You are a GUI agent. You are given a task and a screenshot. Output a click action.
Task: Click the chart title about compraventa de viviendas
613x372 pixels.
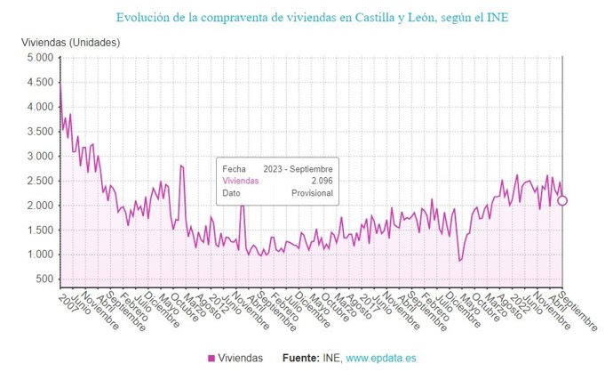[x=306, y=16]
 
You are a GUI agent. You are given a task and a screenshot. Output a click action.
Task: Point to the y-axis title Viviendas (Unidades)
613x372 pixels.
[x=70, y=43]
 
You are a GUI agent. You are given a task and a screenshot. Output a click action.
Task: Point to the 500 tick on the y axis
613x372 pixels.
[x=44, y=279]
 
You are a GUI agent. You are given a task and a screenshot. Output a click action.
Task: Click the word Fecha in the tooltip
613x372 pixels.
[x=235, y=168]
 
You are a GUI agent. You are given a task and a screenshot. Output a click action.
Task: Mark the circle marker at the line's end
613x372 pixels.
[x=561, y=200]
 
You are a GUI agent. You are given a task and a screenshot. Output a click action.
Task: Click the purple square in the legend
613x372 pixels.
[x=211, y=358]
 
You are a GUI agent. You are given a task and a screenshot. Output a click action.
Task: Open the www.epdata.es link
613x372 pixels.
[x=382, y=358]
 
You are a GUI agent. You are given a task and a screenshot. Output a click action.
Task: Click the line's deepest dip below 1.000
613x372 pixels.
[x=459, y=260]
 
